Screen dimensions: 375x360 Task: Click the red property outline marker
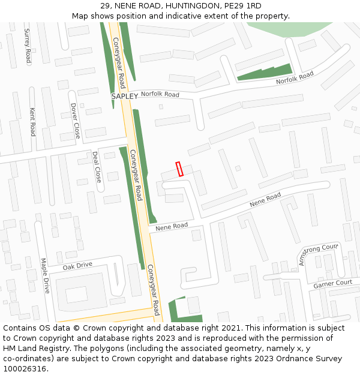click(x=179, y=169)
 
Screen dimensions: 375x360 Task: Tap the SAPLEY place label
click(x=125, y=96)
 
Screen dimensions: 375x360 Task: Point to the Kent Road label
click(x=33, y=121)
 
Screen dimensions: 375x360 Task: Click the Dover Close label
click(x=75, y=121)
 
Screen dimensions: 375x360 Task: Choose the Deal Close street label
click(x=97, y=167)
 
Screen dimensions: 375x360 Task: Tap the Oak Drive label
click(x=77, y=265)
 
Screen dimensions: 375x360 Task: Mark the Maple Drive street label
click(x=44, y=275)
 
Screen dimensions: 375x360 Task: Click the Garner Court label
click(x=332, y=283)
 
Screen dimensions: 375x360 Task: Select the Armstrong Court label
click(x=319, y=254)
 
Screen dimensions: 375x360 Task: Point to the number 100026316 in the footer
click(x=25, y=369)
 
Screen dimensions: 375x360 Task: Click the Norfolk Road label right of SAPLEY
click(x=160, y=94)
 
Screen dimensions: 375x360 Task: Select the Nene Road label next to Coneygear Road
click(x=172, y=227)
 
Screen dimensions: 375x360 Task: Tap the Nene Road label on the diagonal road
click(x=265, y=200)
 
